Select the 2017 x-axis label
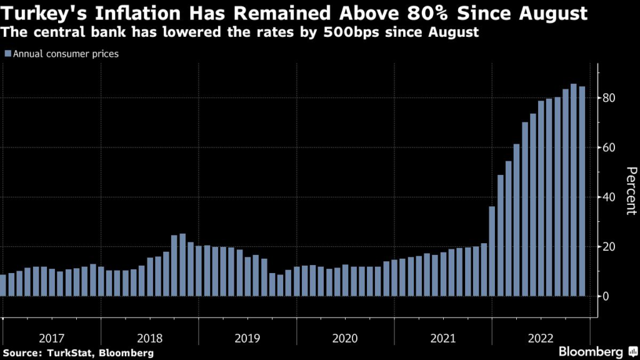point(51,338)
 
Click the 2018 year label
point(149,338)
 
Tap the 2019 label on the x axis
point(247,338)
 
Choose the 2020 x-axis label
point(346,338)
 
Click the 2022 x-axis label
point(541,338)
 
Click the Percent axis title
point(631,191)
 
